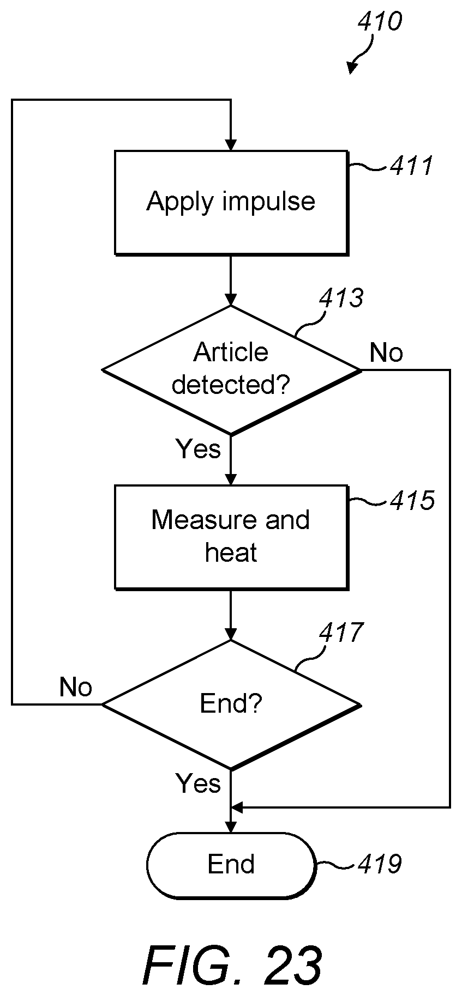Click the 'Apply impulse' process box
point(231,203)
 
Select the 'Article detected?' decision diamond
point(231,370)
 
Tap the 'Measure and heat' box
point(231,537)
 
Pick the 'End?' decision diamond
point(231,705)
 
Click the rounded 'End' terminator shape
point(231,865)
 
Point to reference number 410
point(380,22)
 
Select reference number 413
point(341,298)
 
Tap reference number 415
point(412,500)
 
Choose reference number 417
point(341,633)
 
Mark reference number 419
point(380,864)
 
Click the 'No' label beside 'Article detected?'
point(386,353)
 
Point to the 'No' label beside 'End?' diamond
point(76,688)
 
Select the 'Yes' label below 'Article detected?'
point(199,449)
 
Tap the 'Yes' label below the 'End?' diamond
point(199,784)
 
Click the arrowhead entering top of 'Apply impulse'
point(231,145)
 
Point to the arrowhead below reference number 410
point(352,68)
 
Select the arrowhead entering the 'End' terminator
point(231,827)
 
